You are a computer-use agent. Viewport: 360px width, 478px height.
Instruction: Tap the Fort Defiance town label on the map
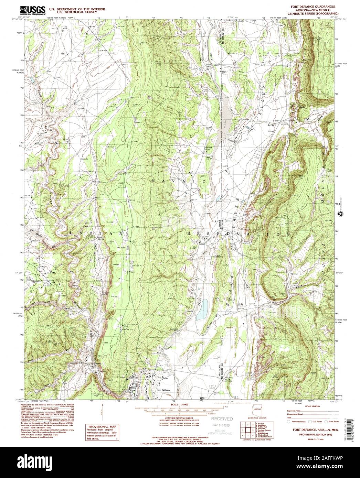(163, 390)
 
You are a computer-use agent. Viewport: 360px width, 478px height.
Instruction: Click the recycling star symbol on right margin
(340, 214)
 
